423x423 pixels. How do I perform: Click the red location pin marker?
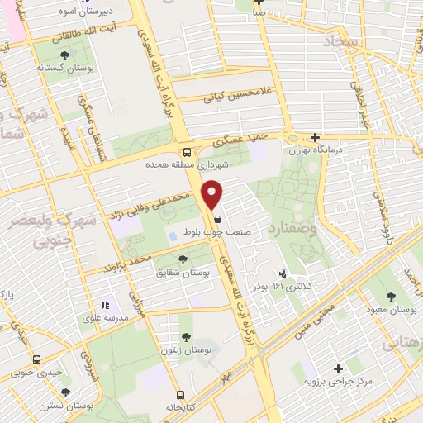click(213, 193)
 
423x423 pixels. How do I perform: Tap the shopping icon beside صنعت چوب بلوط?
click(217, 220)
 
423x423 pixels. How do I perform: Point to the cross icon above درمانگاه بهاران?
click(315, 137)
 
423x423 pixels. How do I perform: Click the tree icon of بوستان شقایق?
click(183, 260)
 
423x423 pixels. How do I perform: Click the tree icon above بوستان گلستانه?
click(64, 55)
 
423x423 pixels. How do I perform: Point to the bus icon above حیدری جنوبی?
click(36, 359)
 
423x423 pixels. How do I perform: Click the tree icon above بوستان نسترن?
click(66, 392)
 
